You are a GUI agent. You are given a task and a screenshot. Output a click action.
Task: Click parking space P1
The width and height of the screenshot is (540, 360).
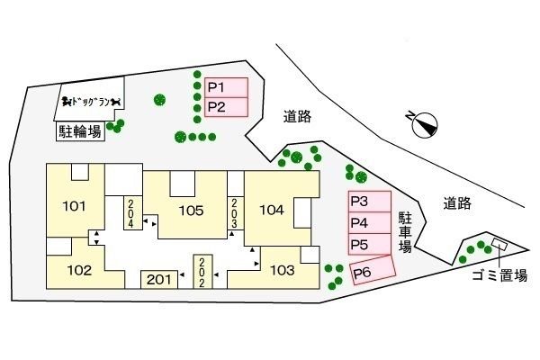[x=226, y=88]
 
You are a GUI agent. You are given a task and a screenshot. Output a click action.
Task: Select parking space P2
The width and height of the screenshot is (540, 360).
[x=226, y=107]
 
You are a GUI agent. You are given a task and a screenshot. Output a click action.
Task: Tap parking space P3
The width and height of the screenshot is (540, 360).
[x=369, y=202]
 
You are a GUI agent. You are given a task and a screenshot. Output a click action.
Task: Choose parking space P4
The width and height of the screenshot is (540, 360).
[x=369, y=222]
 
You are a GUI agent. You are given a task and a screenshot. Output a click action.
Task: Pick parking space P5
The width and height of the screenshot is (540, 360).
[x=369, y=244]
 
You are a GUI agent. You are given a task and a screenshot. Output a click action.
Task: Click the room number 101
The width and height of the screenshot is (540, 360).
[x=75, y=206]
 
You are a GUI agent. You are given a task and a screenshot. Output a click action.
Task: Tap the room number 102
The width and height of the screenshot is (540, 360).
[x=79, y=269]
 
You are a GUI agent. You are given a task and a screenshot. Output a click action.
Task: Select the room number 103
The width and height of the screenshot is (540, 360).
[x=282, y=269]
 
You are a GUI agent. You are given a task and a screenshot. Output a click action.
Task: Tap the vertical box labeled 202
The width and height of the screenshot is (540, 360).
[x=200, y=271]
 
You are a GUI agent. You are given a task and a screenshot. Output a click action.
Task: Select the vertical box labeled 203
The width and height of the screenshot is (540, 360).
[x=234, y=212]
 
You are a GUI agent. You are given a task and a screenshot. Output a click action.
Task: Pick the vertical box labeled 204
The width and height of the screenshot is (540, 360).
[x=130, y=212]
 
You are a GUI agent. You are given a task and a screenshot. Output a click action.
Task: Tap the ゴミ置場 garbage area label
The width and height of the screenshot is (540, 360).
[x=499, y=277]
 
